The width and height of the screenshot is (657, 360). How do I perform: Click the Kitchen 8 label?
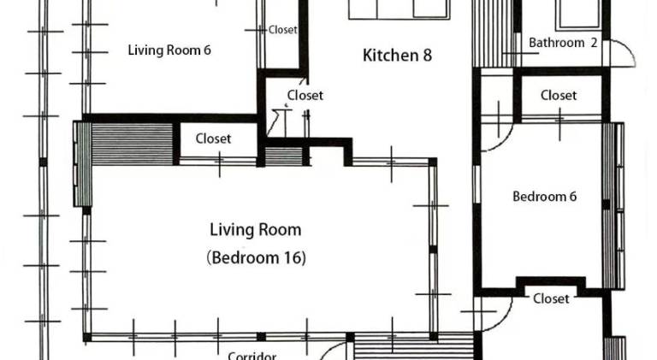click(x=397, y=56)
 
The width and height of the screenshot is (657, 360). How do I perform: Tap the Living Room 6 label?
click(x=169, y=50)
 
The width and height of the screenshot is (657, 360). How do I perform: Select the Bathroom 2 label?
click(x=563, y=43)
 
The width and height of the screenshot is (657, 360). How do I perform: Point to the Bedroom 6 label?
click(x=544, y=197)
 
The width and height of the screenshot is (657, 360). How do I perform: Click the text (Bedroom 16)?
click(x=256, y=257)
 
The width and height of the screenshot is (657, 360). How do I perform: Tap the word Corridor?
click(x=252, y=357)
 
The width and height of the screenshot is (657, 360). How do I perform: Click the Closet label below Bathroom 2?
click(x=559, y=96)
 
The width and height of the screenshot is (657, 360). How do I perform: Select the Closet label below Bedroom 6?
click(x=551, y=299)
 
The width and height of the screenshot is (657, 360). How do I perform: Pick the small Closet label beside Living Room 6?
click(x=283, y=30)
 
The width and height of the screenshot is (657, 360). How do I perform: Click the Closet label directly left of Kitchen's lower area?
click(x=305, y=96)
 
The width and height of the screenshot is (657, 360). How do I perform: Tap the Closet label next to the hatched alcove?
click(x=213, y=139)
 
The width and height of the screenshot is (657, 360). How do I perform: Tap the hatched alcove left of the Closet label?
click(x=133, y=144)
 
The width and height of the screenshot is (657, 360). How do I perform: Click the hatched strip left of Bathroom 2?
click(x=494, y=33)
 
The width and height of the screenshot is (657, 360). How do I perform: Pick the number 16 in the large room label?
click(x=292, y=257)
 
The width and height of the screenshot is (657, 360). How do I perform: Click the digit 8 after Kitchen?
click(x=427, y=56)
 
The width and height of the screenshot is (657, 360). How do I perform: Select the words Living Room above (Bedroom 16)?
click(x=256, y=230)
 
